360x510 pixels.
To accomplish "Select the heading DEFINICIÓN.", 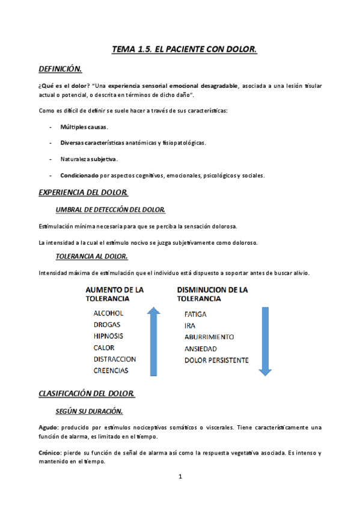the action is point(60,69).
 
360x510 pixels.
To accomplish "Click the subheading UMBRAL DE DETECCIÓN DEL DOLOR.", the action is point(110,209).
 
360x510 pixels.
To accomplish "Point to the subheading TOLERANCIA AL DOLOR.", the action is point(91,256).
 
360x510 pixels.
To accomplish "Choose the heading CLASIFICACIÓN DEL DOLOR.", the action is point(87,394).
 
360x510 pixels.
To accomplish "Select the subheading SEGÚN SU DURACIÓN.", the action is point(89,411).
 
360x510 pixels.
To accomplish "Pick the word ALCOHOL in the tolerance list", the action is point(108,313).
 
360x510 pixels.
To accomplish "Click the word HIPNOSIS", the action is point(109,336).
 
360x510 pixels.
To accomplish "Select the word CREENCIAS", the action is point(111,370).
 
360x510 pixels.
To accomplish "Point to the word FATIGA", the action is point(197,314).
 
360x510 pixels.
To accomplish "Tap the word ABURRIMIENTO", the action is point(209,337).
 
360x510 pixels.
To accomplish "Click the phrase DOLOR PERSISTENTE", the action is point(216,360).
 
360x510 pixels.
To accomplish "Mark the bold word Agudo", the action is point(48,428).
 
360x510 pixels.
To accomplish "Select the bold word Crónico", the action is point(50,452).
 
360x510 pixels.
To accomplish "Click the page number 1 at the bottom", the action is point(180,477).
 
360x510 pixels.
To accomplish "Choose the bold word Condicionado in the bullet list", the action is point(80,176).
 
